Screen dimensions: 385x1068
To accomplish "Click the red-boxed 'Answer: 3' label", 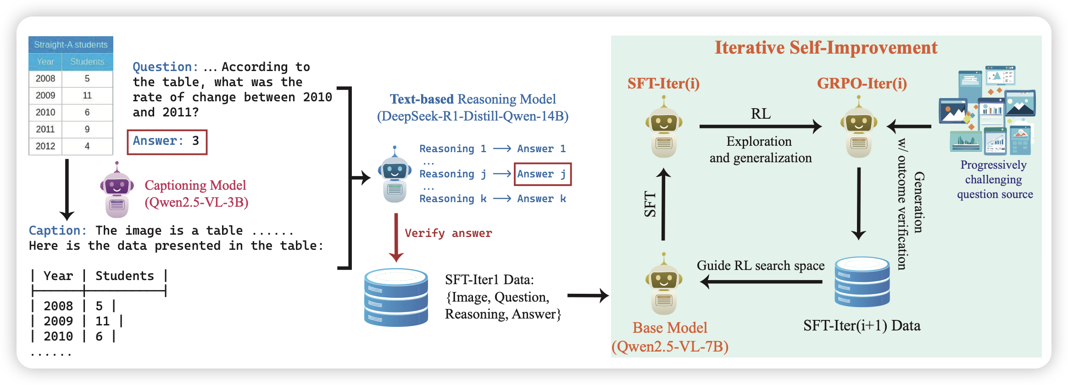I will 167,142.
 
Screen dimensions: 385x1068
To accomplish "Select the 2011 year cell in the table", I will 45,129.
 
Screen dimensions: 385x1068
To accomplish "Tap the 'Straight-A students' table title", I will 71,44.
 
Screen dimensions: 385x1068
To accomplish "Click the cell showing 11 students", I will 87,95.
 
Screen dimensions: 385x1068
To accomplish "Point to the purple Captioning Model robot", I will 117,190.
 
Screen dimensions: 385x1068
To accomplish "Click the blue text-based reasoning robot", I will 395,176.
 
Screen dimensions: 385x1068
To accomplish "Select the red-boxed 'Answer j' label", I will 542,174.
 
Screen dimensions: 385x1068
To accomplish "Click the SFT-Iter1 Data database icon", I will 396,297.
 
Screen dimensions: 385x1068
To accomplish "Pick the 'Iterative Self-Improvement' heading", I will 826,48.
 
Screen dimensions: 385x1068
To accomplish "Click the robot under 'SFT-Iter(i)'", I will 663,127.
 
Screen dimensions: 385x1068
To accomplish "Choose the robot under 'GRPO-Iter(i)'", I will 858,127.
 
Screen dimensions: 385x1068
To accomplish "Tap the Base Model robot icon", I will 663,284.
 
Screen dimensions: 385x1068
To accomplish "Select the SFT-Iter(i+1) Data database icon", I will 862,281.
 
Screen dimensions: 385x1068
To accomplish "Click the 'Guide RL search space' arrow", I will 762,281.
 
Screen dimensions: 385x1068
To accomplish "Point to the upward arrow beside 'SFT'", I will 663,204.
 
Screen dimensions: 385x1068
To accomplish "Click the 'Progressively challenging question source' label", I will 995,180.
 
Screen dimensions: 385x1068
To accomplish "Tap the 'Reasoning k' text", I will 452,199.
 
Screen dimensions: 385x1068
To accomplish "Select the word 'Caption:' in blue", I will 57,231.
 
